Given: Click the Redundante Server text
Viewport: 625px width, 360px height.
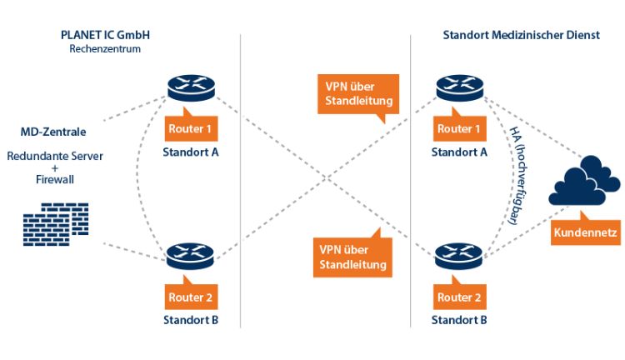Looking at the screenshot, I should pyautogui.click(x=52, y=157).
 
